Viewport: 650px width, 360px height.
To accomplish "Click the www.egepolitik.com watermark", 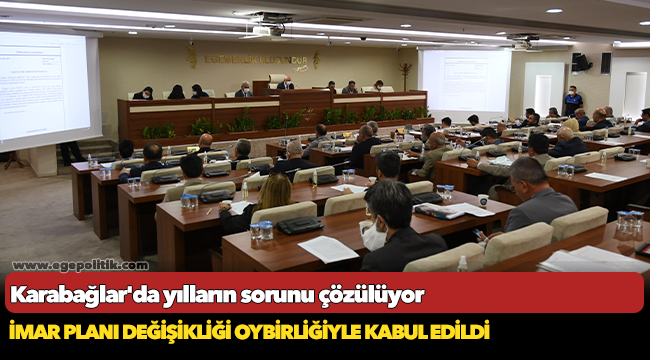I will click(80, 265).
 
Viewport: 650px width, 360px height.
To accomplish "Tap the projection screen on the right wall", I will click(464, 84).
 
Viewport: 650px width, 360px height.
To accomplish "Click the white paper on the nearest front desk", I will click(328, 248).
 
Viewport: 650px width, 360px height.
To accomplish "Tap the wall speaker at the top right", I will click(581, 63).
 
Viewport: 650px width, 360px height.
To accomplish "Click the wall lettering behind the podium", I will click(255, 59).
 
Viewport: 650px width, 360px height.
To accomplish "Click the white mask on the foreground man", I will click(373, 237).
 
